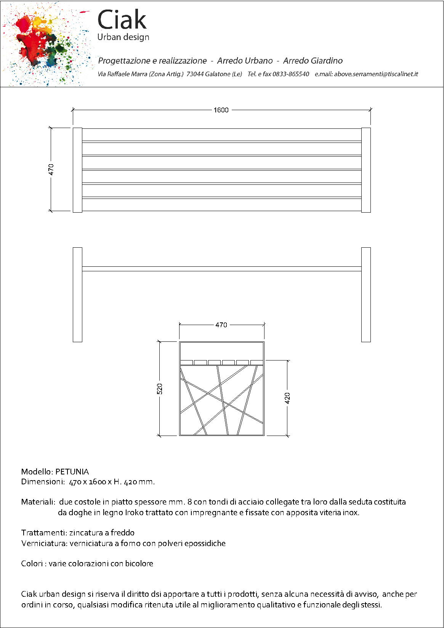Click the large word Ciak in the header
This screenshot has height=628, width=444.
coord(122,20)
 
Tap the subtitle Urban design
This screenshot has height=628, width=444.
coord(123,37)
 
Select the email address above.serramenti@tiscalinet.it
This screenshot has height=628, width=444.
coord(376,74)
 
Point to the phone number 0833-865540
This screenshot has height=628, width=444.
coord(290,74)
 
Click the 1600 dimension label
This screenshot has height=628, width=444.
coord(221,110)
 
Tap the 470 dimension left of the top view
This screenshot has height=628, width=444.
coord(51,170)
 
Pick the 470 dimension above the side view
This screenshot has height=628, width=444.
coord(221,325)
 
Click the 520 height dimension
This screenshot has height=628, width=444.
coord(160,389)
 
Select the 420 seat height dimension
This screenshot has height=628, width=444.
coord(287,398)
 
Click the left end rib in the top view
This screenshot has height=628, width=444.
coord(77,170)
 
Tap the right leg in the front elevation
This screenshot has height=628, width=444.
coord(366,295)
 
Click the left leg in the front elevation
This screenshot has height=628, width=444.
coord(77,295)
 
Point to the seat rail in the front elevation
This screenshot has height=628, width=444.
coord(221,269)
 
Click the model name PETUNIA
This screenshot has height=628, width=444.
coord(72,472)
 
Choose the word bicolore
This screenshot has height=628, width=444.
coord(139,564)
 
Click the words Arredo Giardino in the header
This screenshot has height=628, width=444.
coord(313,61)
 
